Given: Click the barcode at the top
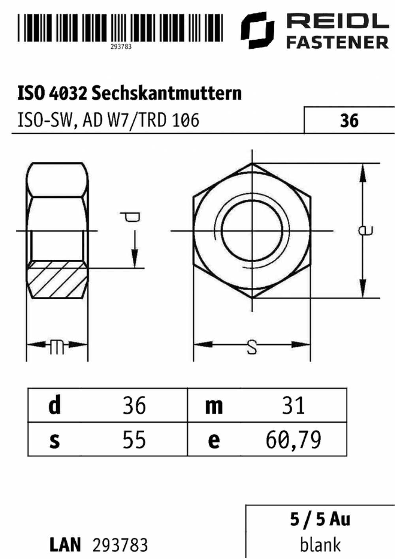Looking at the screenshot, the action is point(120,28).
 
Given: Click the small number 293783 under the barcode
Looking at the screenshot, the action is point(121,47).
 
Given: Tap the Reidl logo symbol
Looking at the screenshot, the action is point(258,30).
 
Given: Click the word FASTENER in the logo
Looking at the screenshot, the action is point(337,42).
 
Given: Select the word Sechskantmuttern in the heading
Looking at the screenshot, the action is point(167,93).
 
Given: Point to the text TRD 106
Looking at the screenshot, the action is point(168,120).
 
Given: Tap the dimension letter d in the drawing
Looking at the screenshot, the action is point(130,217).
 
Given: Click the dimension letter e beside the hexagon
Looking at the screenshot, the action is point(366,230).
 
